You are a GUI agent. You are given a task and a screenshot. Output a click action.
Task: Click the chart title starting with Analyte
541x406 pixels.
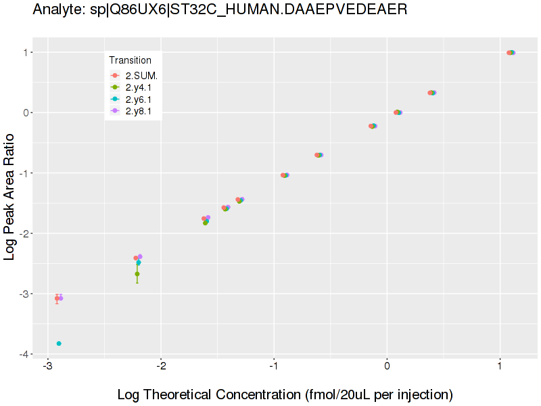pos(220,10)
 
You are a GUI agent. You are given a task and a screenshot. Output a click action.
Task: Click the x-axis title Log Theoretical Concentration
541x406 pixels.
pos(285,394)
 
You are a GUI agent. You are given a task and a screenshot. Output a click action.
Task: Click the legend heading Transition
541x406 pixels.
pos(131,60)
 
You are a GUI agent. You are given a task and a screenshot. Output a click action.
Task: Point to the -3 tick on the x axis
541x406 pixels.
pos(47,366)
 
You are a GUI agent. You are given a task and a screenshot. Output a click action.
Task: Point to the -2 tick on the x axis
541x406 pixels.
pos(160,366)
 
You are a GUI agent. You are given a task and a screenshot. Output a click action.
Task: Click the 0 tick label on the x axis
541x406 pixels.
pos(387,366)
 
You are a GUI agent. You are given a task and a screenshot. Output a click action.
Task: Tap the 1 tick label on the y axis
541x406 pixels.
pos(28,52)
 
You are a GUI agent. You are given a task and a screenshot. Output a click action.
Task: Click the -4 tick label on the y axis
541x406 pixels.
pos(26,354)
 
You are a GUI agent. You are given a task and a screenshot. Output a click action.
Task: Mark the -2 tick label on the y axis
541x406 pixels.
pos(26,233)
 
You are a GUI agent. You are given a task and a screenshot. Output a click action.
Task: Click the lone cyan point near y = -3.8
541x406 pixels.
pos(59,344)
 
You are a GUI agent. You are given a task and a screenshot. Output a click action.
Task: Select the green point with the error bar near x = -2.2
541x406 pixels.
pos(137,273)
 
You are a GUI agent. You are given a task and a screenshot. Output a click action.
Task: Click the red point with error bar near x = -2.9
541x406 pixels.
pos(57,298)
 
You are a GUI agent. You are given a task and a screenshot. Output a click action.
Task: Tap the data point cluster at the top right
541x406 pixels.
pos(511,53)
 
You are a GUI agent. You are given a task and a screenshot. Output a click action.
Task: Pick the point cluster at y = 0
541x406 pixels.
pos(398,112)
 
